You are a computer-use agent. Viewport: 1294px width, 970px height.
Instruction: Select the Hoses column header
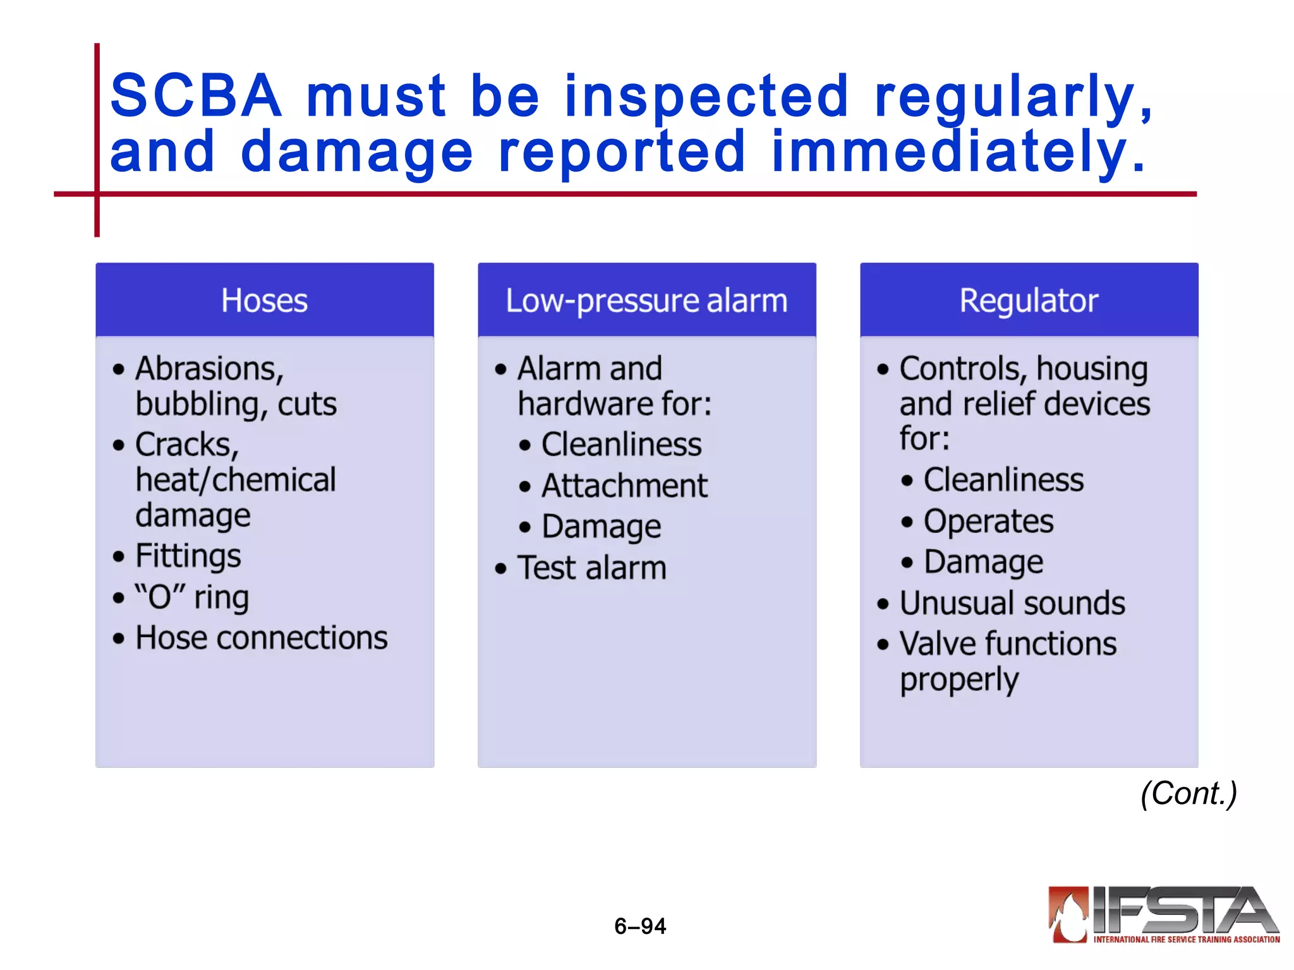(264, 301)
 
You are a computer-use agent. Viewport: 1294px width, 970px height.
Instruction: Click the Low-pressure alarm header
(646, 301)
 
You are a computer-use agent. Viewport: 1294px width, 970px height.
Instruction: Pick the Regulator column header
(1029, 301)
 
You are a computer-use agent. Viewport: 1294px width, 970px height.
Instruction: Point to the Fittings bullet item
(188, 556)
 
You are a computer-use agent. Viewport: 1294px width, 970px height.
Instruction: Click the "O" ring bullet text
(192, 597)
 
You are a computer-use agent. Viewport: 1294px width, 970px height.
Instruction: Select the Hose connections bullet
(262, 638)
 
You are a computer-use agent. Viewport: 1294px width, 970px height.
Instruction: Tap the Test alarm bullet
(592, 568)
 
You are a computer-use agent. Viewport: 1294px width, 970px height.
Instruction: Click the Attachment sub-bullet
(624, 486)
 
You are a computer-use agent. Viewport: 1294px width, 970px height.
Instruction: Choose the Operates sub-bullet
(988, 522)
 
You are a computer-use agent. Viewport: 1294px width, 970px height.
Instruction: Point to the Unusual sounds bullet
(1012, 603)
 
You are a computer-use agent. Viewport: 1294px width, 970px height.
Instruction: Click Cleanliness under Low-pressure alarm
(621, 445)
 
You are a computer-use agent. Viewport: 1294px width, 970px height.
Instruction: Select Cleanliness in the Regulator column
(1003, 480)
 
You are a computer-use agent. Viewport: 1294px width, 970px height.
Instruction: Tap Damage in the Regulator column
(983, 562)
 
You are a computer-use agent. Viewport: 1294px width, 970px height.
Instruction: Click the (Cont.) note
(1188, 793)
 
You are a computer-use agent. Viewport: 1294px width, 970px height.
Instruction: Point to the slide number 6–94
(640, 926)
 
